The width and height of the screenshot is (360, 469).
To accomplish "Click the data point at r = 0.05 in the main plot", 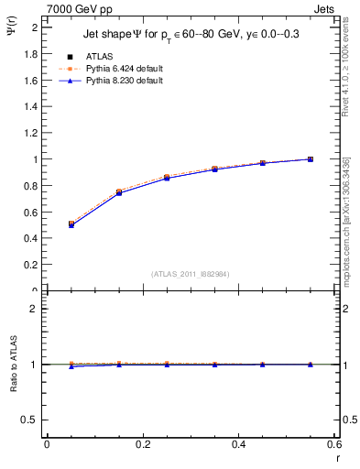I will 71,224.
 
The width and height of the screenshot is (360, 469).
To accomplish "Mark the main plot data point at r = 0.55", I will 311,159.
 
